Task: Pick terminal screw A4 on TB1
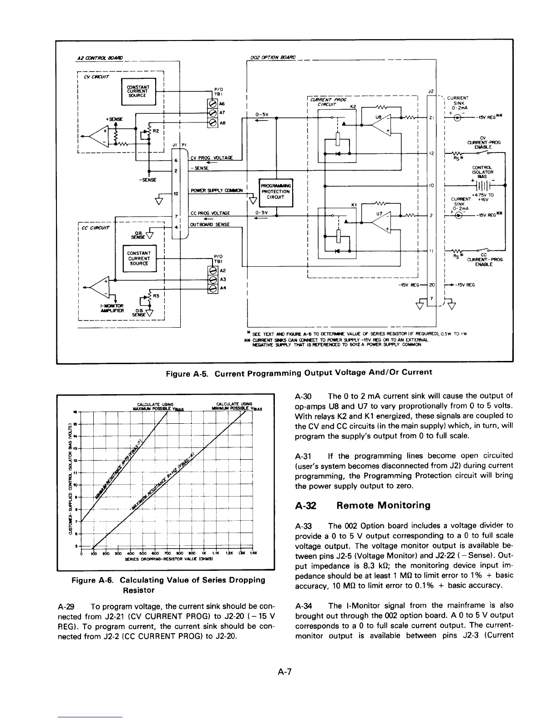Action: (211, 288)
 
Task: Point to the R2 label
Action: (155, 131)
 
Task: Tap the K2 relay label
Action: (352, 107)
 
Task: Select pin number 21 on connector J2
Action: (430, 118)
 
